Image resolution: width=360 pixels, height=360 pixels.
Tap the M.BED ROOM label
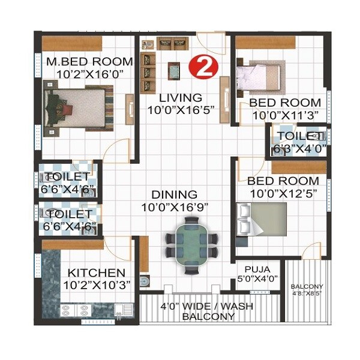89,61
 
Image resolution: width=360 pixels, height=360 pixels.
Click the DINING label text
174,194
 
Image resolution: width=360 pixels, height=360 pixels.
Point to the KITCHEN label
96,272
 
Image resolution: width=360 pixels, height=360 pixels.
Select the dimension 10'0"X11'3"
284,115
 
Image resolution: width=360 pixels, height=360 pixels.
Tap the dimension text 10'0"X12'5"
284,193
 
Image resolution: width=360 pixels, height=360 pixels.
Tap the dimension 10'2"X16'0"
89,74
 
